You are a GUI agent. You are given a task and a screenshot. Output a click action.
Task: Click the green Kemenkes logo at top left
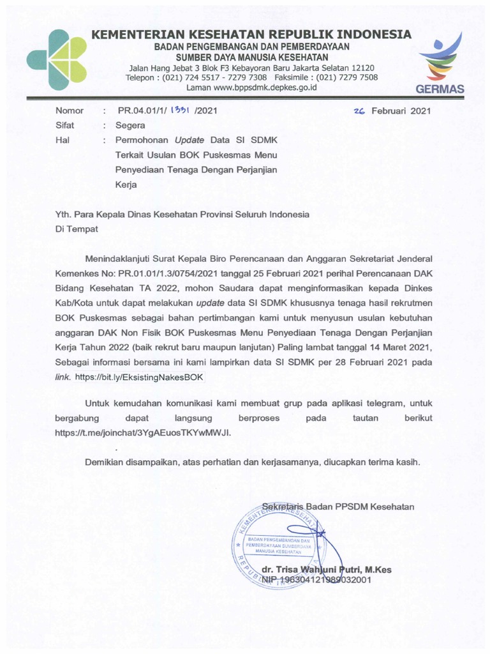click(59, 59)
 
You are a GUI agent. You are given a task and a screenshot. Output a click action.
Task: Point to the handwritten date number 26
click(359, 110)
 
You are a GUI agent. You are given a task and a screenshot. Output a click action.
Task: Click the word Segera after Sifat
click(130, 125)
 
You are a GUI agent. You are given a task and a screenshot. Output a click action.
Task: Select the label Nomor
click(70, 110)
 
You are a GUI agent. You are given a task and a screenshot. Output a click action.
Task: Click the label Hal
click(62, 140)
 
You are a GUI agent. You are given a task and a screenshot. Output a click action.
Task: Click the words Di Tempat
click(77, 228)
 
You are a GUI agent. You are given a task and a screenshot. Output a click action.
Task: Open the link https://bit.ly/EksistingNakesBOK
click(138, 377)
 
